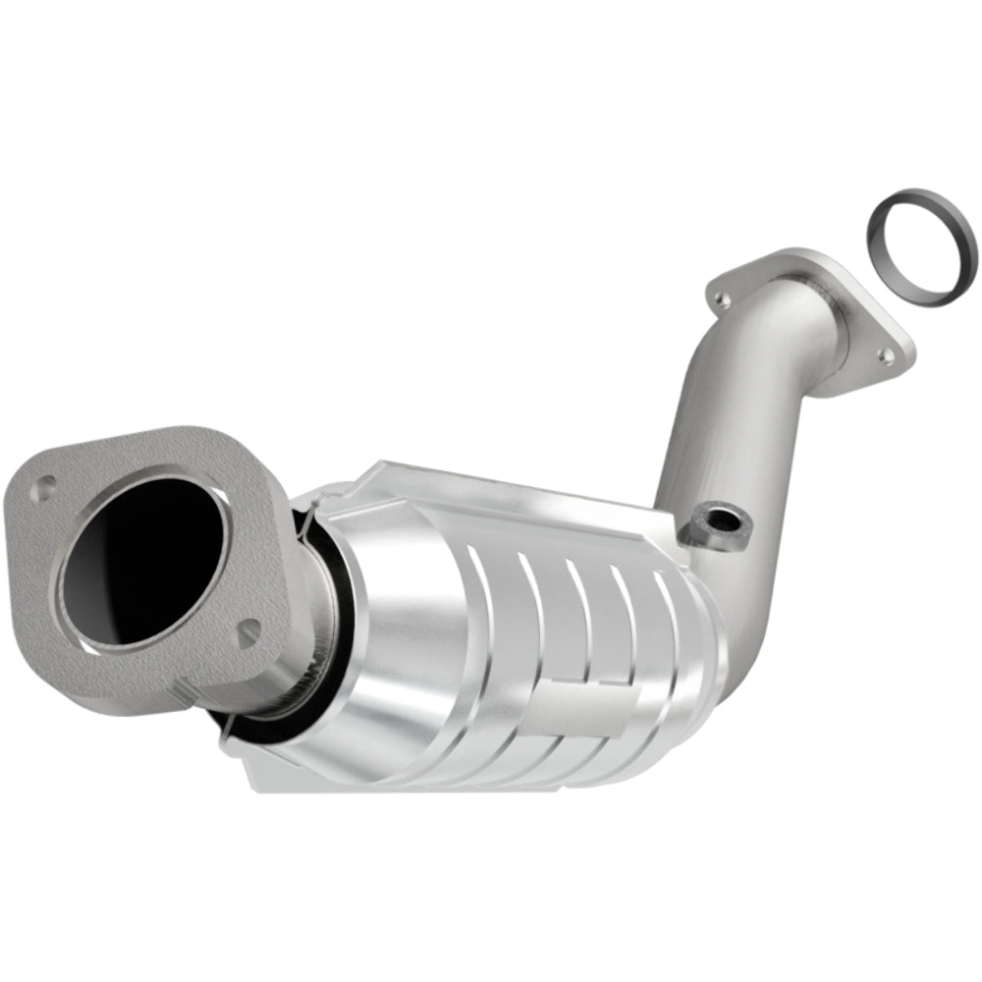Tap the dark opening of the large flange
(143, 561)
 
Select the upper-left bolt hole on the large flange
(44, 484)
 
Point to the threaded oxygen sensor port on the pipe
(714, 520)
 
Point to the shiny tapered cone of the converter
(412, 628)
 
